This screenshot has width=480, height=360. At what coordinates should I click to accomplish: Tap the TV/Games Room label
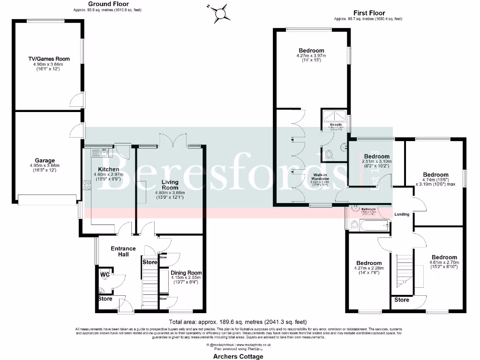(49, 59)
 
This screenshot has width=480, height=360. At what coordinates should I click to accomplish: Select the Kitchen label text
(108, 169)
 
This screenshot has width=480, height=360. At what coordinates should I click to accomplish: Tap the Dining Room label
(186, 273)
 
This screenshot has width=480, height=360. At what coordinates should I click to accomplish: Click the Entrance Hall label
(123, 251)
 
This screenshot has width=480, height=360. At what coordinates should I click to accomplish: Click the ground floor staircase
(150, 286)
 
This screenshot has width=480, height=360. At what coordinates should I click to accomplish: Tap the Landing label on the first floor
(402, 214)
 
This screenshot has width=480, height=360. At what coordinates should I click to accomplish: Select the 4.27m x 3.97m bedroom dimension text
(311, 56)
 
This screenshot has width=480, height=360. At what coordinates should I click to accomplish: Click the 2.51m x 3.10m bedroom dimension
(377, 162)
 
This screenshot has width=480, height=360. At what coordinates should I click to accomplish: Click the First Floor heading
(369, 13)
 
